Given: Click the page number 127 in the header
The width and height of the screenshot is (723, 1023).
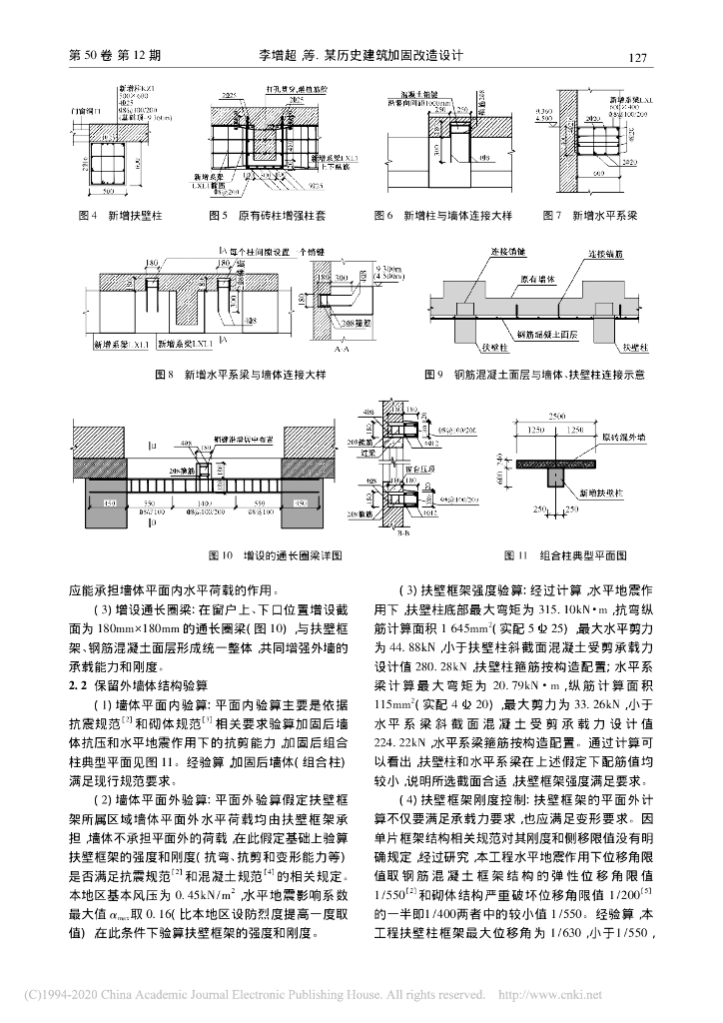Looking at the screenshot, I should (640, 57).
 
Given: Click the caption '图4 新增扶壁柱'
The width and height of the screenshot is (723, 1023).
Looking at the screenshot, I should (110, 215).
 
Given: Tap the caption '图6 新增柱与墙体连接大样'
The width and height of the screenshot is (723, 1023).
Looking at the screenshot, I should (434, 215).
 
